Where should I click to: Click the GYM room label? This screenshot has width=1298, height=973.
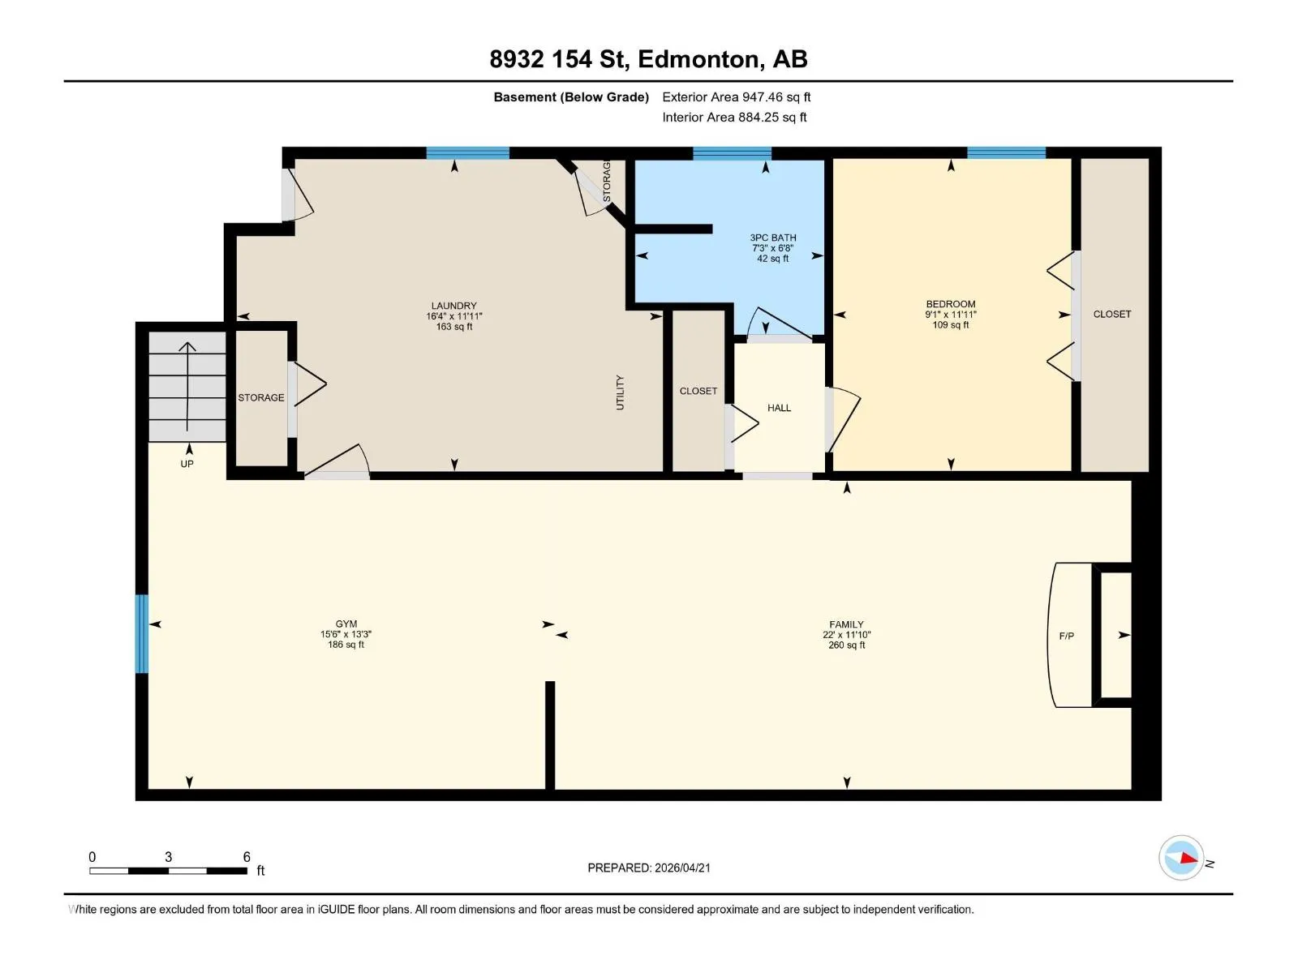(346, 624)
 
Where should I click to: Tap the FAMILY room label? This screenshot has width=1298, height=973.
(846, 624)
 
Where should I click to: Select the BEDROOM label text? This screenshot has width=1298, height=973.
(951, 304)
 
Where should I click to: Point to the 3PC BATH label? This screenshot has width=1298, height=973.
(773, 238)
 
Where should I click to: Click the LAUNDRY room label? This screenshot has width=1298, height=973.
(453, 306)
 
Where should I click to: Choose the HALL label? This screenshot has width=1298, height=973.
(779, 408)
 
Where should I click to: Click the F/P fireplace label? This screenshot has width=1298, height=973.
(1066, 637)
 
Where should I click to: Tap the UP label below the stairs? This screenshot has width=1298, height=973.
(187, 464)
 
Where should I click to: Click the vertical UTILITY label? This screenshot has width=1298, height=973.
(620, 392)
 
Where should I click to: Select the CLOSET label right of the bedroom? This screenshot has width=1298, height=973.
(1111, 315)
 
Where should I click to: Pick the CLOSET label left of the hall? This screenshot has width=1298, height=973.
(698, 391)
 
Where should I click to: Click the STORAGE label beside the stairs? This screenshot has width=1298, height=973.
(260, 397)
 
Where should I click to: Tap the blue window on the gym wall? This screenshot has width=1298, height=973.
(142, 634)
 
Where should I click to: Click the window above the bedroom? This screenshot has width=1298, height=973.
(1006, 153)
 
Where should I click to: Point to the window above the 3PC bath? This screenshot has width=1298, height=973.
(732, 153)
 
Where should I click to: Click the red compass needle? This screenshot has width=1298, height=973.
(1188, 858)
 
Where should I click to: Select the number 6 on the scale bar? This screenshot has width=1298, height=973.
(247, 856)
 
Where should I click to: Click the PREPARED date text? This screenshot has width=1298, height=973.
(649, 868)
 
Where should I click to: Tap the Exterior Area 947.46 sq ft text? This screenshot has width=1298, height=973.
(737, 96)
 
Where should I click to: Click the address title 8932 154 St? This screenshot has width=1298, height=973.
(559, 59)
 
